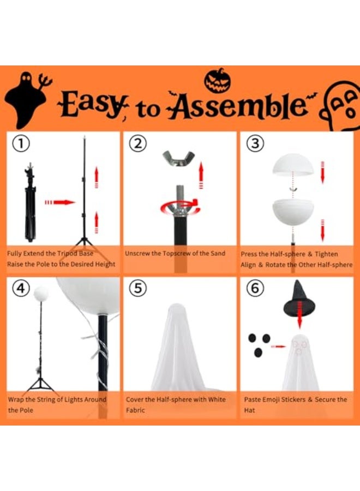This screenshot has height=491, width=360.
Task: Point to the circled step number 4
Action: coord(20,288)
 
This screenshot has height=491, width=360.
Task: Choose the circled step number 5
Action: coord(137,288)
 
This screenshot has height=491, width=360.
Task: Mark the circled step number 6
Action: coord(255,288)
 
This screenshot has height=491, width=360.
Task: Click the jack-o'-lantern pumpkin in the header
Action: coord(217,81)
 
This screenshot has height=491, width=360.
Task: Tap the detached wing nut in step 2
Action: coord(181,159)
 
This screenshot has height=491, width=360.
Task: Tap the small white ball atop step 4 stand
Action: coord(41,294)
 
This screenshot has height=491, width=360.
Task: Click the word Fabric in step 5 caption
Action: coord(136,410)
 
